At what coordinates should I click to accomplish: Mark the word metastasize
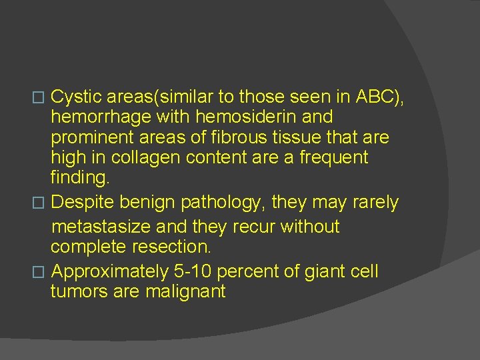click(x=100, y=227)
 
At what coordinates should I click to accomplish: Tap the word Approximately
click(x=110, y=271)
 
